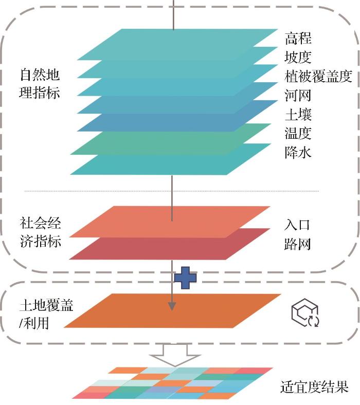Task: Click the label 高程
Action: [x=298, y=38]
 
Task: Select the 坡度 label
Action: [x=298, y=57]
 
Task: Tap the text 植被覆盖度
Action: [x=318, y=76]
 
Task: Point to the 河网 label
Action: [x=298, y=95]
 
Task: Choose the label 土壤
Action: [x=298, y=114]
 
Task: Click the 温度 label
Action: [x=298, y=133]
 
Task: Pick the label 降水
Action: [x=298, y=152]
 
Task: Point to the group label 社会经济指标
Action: [x=40, y=232]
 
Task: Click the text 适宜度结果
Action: [x=314, y=386]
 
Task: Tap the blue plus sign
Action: [x=185, y=278]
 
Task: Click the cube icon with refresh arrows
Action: [x=305, y=314]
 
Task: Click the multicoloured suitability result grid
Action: [x=175, y=383]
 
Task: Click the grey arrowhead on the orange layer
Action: [x=172, y=306]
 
